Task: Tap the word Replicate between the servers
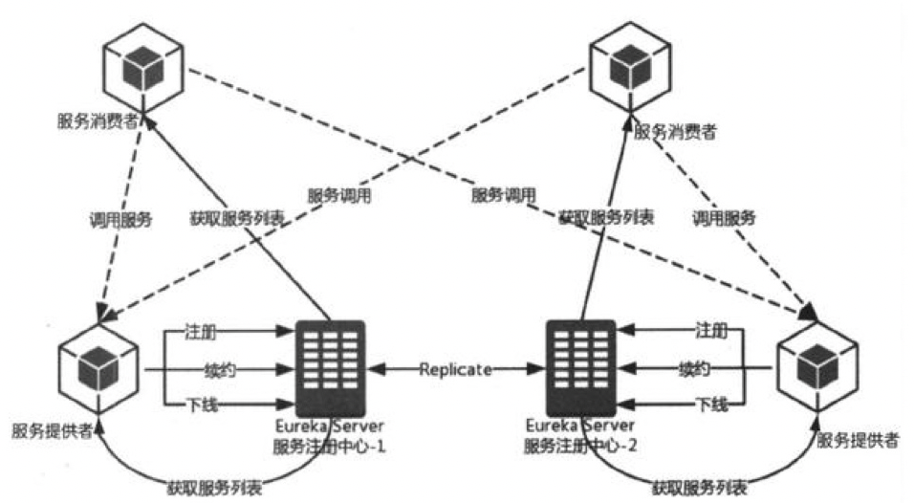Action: tap(454, 368)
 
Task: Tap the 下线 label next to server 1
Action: tap(201, 405)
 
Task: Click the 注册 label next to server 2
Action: tap(710, 331)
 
